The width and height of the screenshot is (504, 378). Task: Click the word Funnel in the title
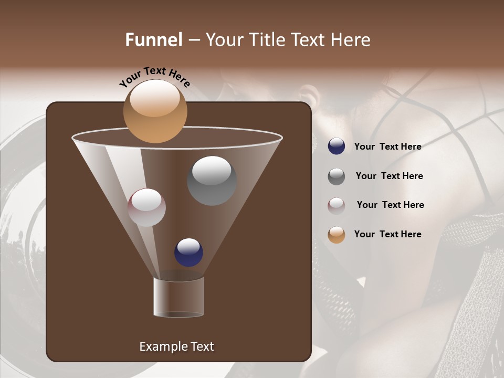pyautogui.click(x=154, y=40)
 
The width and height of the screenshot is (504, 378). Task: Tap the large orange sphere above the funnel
pyautogui.click(x=155, y=111)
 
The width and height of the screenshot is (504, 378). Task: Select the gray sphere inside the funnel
pyautogui.click(x=212, y=181)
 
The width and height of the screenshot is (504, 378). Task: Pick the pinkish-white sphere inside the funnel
pyautogui.click(x=147, y=207)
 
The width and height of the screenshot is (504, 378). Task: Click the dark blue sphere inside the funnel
pyautogui.click(x=188, y=252)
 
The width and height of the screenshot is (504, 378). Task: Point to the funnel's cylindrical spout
pyautogui.click(x=178, y=297)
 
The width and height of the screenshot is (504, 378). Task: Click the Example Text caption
pyautogui.click(x=176, y=346)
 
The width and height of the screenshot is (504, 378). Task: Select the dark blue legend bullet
pyautogui.click(x=337, y=146)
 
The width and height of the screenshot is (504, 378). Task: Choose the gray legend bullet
pyautogui.click(x=337, y=176)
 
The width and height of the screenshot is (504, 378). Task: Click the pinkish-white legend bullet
pyautogui.click(x=337, y=205)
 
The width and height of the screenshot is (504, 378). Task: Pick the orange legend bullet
pyautogui.click(x=337, y=235)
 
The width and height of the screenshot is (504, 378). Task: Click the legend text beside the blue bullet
pyautogui.click(x=387, y=146)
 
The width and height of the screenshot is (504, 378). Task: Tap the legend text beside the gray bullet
pyautogui.click(x=389, y=176)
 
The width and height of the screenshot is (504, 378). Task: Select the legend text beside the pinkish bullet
pyautogui.click(x=390, y=205)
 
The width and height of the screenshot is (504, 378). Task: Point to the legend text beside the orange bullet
pyautogui.click(x=387, y=234)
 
